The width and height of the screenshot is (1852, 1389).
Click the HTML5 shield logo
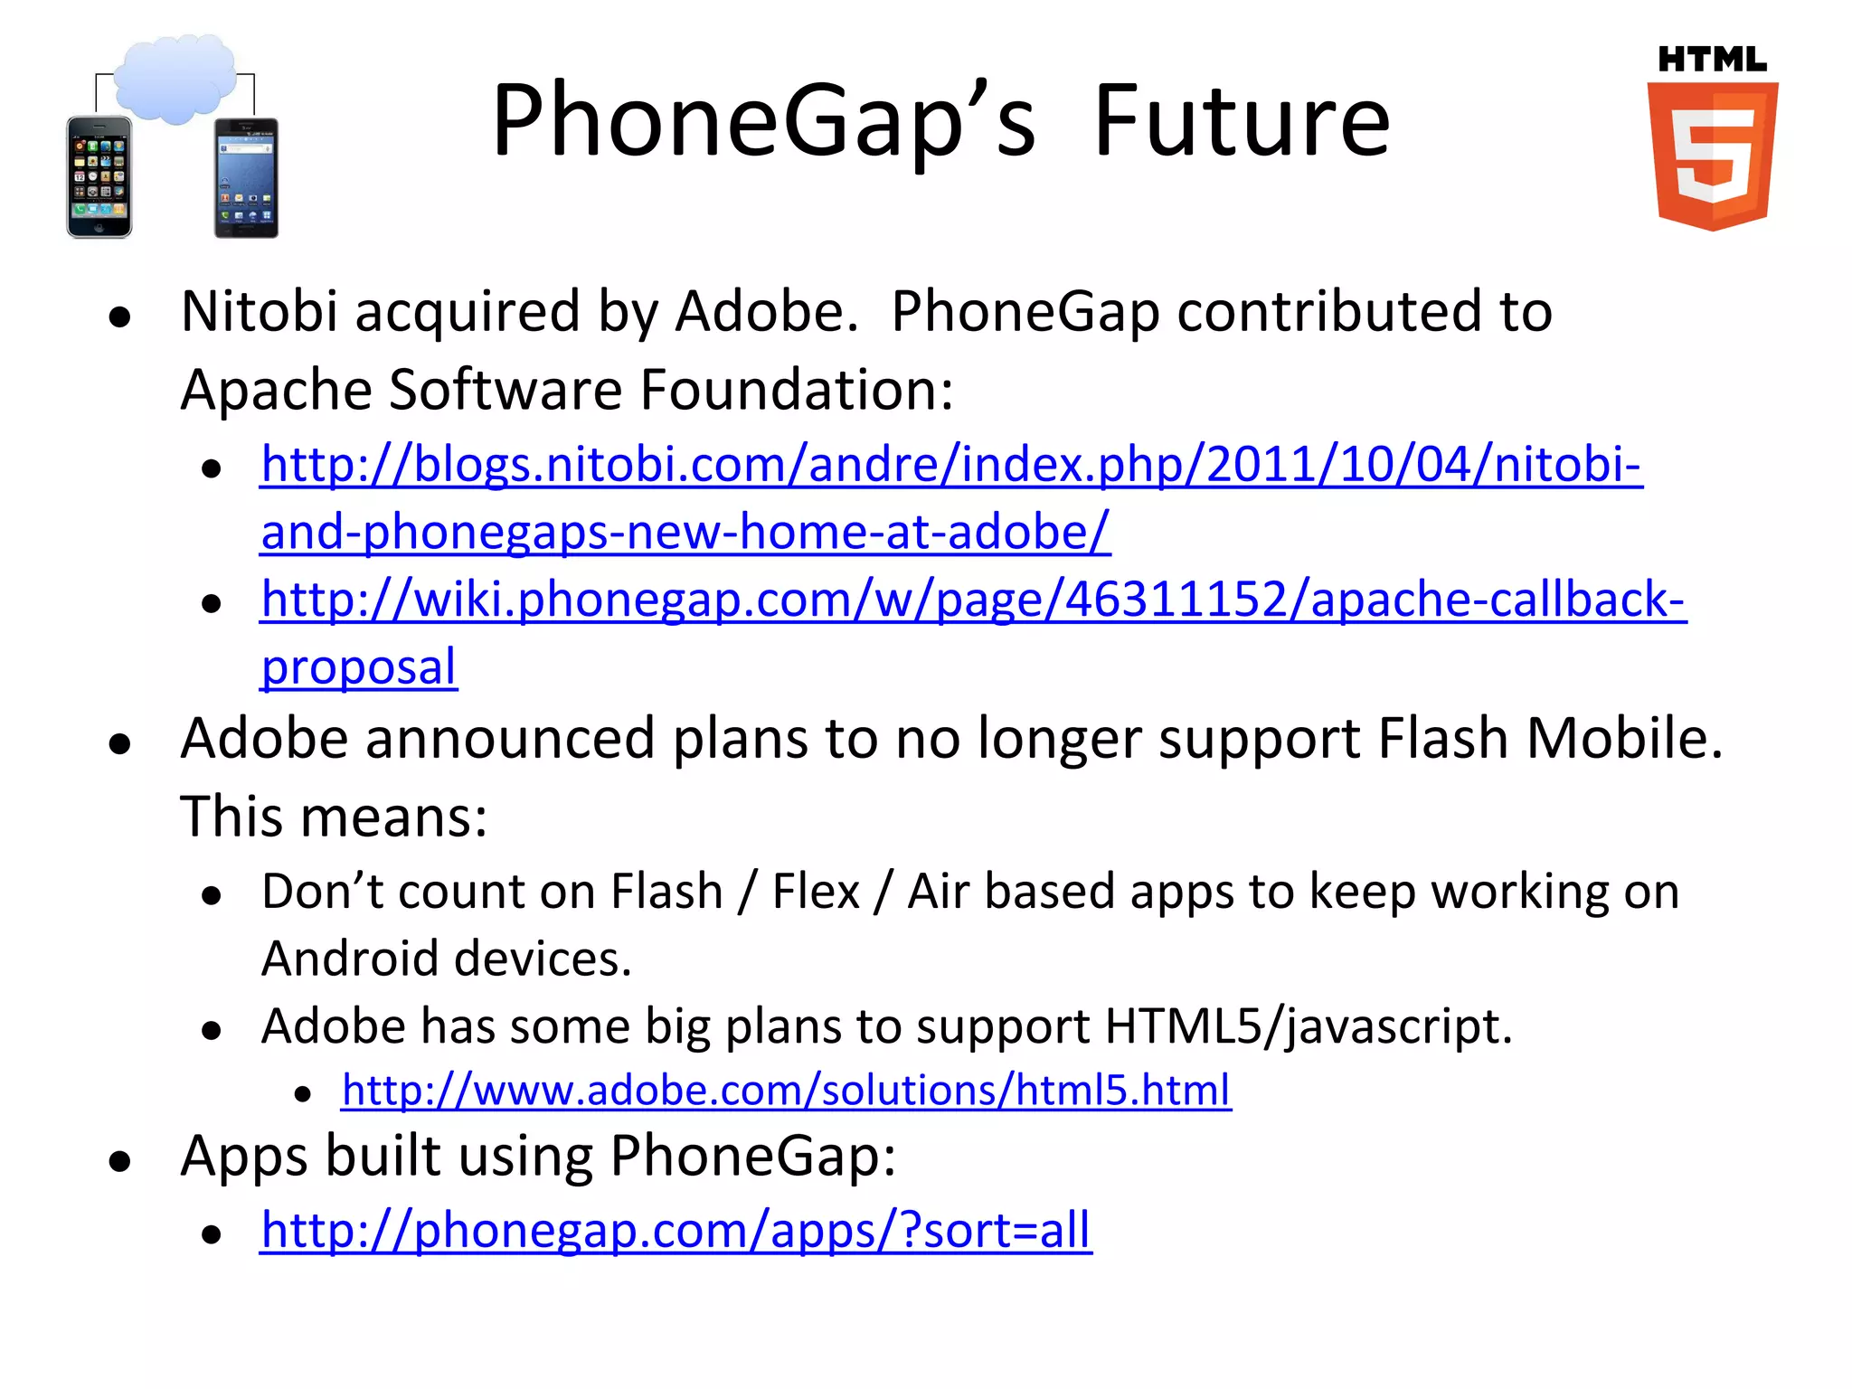pyautogui.click(x=1712, y=156)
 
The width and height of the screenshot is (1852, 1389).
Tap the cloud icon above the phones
pyautogui.click(x=175, y=79)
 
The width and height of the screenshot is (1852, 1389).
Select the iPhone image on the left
pyautogui.click(x=99, y=177)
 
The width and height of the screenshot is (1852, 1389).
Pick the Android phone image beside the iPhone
pyautogui.click(x=246, y=178)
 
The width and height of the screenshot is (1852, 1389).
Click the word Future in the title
pyautogui.click(x=1242, y=121)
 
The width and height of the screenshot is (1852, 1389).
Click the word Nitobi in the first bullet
pyautogui.click(x=259, y=311)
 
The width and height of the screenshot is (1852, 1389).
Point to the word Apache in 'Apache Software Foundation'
pyautogui.click(x=276, y=390)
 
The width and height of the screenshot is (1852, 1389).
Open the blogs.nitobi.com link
pyautogui.click(x=950, y=465)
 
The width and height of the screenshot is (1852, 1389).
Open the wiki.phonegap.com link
pyautogui.click(x=972, y=600)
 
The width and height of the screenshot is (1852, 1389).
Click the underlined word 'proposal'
pyautogui.click(x=358, y=667)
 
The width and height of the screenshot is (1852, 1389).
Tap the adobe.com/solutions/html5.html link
pyautogui.click(x=785, y=1090)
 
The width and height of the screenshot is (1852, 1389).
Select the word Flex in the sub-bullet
pyautogui.click(x=815, y=892)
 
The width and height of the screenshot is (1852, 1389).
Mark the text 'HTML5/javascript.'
pyautogui.click(x=1308, y=1026)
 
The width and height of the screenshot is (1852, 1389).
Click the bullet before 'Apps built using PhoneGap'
pyautogui.click(x=119, y=1160)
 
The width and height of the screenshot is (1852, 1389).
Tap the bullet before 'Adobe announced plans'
pyautogui.click(x=119, y=743)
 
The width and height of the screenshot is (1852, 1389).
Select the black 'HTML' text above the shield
pyautogui.click(x=1712, y=60)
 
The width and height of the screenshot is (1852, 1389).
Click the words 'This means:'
pyautogui.click(x=334, y=817)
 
